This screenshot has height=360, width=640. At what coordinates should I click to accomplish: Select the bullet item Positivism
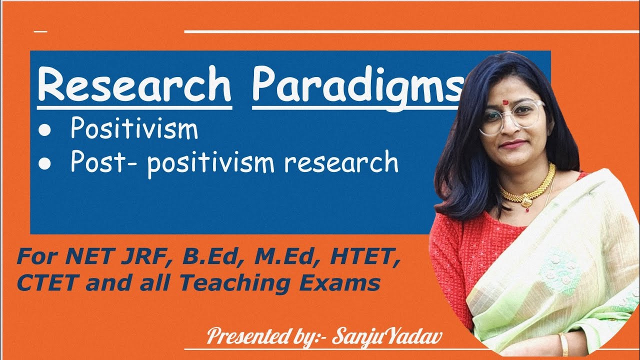(134, 129)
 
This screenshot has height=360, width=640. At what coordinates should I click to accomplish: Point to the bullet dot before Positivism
(45, 131)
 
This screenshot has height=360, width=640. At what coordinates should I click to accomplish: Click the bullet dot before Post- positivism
(45, 164)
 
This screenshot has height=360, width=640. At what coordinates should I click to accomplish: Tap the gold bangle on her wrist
(564, 344)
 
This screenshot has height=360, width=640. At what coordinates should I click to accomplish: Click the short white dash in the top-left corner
(40, 32)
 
